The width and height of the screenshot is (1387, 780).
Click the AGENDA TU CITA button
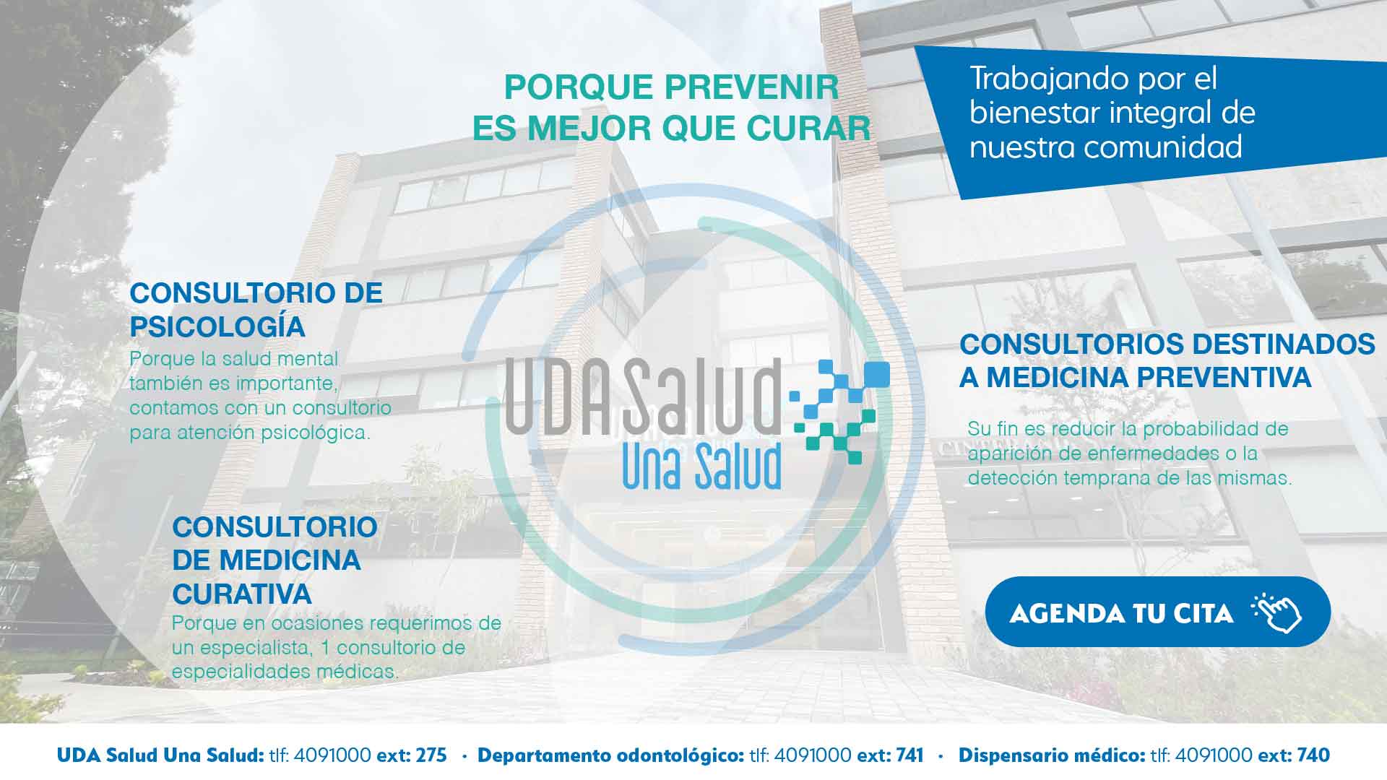1157,612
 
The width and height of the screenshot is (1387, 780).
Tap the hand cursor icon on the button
1276,612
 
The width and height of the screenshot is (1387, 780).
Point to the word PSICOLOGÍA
217,326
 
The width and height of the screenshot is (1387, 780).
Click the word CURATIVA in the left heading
242,594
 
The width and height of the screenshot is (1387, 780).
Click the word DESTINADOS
1283,344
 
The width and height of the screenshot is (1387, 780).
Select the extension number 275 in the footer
432,755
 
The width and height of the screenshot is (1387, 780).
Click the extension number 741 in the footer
909,755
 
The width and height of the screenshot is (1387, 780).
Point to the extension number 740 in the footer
1313,755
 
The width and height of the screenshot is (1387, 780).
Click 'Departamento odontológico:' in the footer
611,756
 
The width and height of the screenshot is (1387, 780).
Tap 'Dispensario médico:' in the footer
1052,756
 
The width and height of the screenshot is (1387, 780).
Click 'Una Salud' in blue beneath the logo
701,466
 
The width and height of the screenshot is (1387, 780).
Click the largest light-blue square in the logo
876,374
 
